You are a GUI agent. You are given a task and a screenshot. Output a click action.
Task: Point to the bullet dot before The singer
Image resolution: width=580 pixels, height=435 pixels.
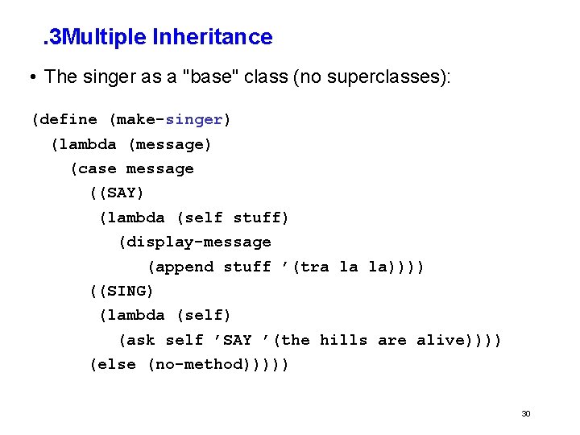(30, 78)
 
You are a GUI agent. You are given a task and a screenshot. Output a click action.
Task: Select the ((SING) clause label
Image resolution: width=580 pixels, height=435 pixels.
(121, 291)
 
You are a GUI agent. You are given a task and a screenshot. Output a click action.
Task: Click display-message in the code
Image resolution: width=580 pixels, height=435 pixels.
(194, 242)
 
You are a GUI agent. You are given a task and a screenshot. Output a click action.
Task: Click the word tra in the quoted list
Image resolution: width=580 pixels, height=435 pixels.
(314, 267)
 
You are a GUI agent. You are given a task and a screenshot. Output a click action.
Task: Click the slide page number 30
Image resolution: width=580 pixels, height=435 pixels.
(525, 414)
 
